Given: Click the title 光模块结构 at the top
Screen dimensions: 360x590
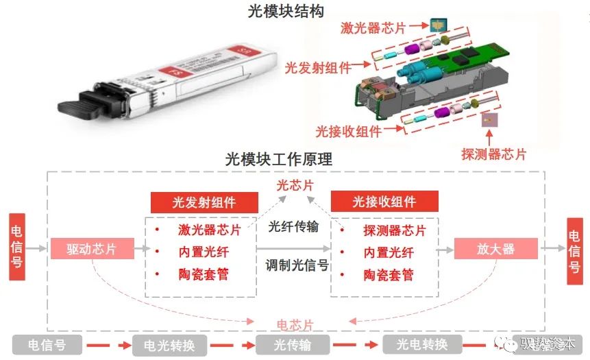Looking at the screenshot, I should (x=285, y=12).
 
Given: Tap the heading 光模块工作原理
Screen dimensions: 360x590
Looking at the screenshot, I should (x=279, y=159).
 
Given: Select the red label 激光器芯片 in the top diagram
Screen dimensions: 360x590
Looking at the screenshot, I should (x=373, y=28).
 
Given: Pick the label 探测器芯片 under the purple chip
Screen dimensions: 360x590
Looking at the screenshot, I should (x=494, y=154).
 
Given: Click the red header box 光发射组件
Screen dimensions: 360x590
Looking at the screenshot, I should (x=204, y=202).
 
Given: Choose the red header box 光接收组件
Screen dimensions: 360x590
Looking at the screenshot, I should (x=384, y=202).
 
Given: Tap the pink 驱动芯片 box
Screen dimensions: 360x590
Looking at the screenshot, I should (x=91, y=249).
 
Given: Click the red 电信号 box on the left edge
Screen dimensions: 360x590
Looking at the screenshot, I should (x=16, y=250).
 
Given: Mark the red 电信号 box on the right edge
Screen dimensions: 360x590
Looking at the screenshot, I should (x=574, y=250).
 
